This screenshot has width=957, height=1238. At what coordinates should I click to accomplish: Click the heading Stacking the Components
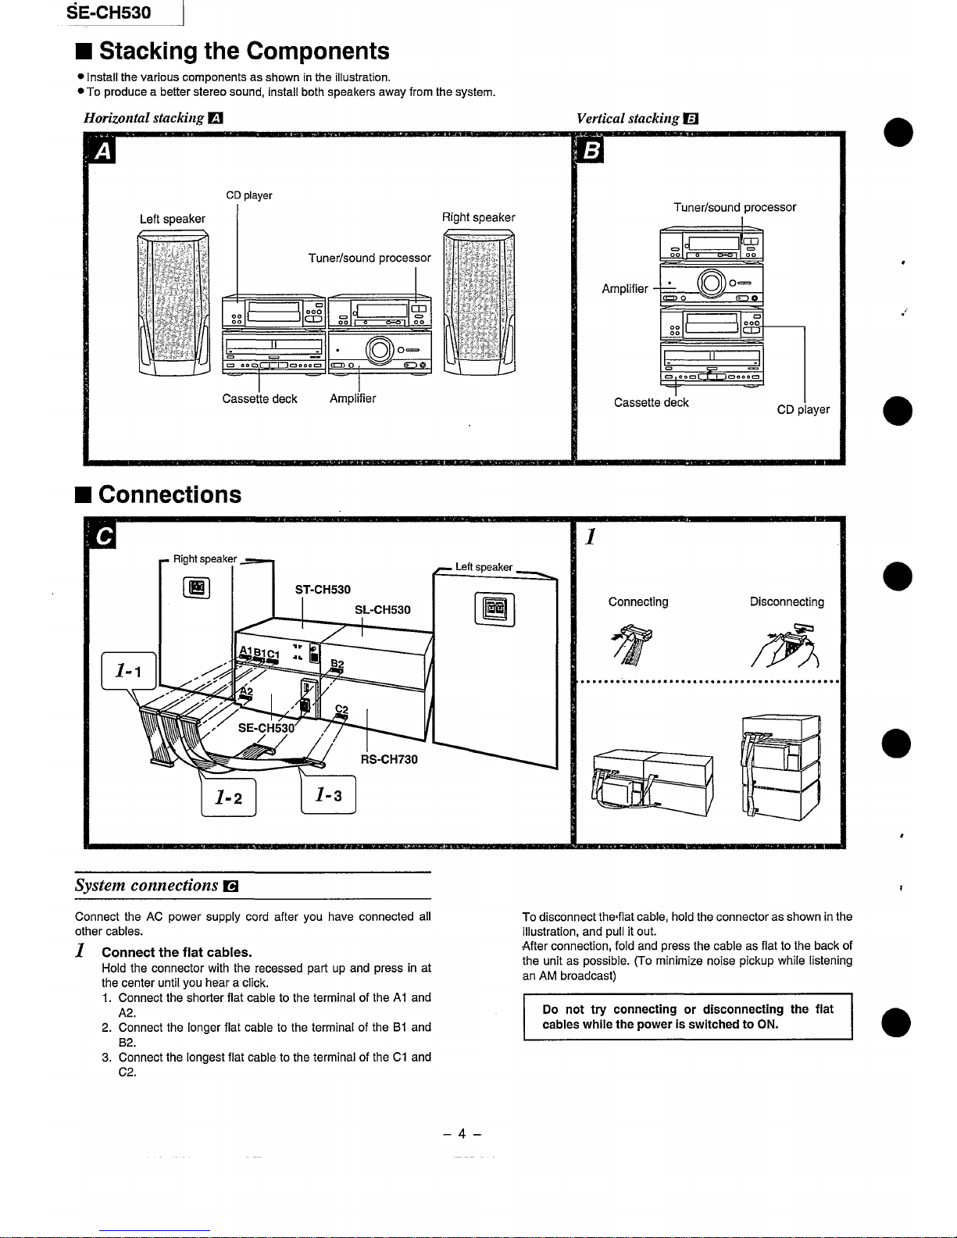tap(243, 52)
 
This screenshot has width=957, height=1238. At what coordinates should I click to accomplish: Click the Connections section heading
tap(170, 495)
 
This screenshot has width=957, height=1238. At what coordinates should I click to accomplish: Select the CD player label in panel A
tap(248, 195)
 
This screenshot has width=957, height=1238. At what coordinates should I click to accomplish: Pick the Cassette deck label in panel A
tap(259, 399)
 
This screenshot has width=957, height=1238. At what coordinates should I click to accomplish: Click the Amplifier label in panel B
tap(624, 289)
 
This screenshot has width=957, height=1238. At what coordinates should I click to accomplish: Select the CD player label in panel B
tap(803, 409)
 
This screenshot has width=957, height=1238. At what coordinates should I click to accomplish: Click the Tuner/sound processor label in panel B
tap(734, 208)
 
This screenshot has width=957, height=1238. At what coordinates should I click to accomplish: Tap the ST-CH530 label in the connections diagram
tap(323, 590)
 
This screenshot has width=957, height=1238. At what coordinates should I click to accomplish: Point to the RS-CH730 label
tap(389, 759)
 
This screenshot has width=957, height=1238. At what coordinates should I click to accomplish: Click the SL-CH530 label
tap(382, 610)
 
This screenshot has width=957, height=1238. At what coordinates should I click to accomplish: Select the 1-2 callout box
tap(228, 797)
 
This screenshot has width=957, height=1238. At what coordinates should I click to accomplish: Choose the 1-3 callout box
tap(328, 795)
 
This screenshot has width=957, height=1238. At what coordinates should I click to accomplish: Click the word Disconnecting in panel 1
tap(787, 602)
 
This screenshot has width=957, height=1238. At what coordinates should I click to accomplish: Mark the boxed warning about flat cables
tap(687, 1017)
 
